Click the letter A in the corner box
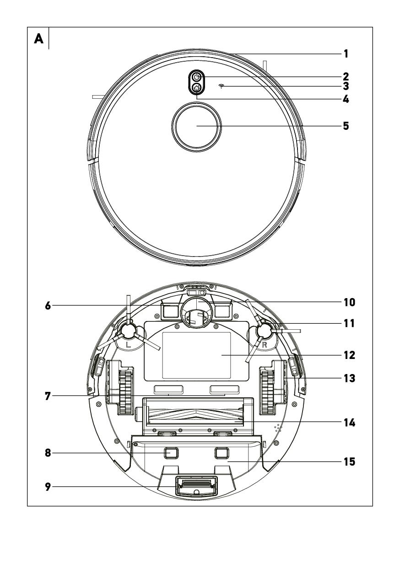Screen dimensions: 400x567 tap(39, 39)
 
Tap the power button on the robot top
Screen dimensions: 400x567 tap(197, 77)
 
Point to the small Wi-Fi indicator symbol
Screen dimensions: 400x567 tap(221, 86)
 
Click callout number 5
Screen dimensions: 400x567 tap(346, 126)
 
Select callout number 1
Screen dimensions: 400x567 tap(346, 53)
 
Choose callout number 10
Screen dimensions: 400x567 tap(349, 302)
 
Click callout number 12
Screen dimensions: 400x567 tap(349, 355)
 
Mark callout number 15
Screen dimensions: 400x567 tap(349, 462)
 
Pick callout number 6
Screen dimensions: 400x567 tap(48, 306)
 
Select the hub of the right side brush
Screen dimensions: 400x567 tap(264, 331)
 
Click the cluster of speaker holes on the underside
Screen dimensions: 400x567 tap(278, 428)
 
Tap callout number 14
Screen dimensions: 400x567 tap(349, 423)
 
